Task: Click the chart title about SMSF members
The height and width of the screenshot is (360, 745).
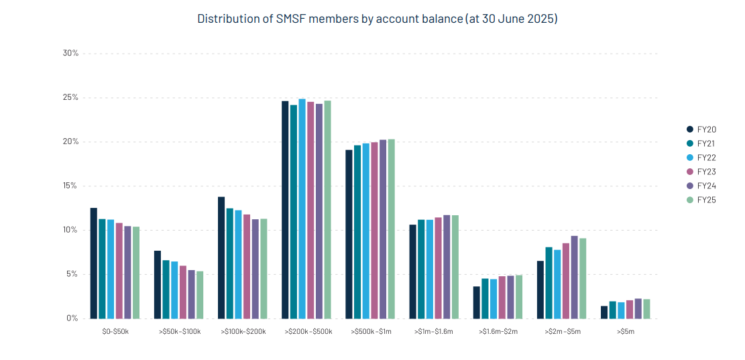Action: [x=377, y=19]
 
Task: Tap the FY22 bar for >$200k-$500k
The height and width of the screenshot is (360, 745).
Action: [x=302, y=208]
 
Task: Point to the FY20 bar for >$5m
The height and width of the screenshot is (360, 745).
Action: [x=604, y=312]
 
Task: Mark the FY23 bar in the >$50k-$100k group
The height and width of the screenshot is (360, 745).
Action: [x=183, y=292]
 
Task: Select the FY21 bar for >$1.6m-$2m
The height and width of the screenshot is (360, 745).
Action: [x=485, y=298]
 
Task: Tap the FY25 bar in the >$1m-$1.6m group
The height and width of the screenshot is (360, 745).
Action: [x=455, y=267]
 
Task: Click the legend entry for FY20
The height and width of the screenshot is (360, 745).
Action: [x=701, y=129]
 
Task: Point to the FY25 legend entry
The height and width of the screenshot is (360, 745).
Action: [x=701, y=200]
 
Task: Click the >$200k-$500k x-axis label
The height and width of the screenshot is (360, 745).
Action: [x=308, y=332]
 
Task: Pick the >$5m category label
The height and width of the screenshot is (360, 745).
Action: [x=625, y=332]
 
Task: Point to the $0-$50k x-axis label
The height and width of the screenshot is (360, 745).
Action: [x=115, y=332]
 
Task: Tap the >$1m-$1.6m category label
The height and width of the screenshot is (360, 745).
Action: [x=435, y=332]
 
